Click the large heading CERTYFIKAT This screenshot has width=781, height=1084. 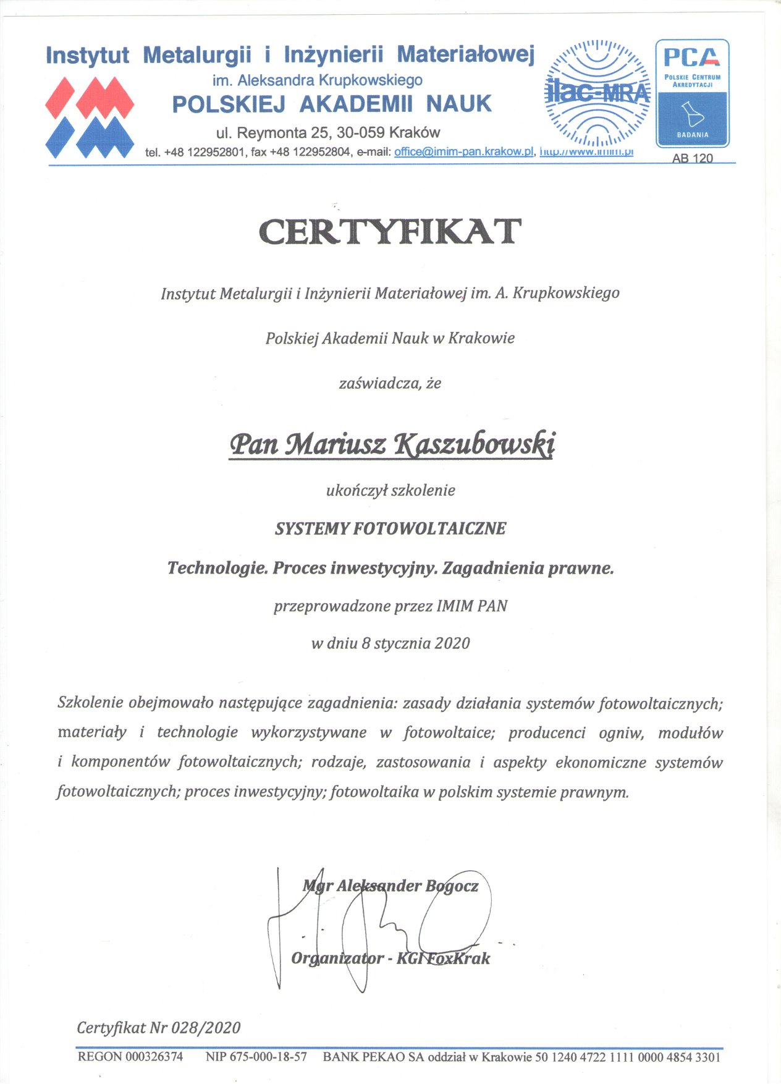[x=390, y=232]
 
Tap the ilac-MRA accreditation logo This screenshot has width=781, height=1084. [x=597, y=93]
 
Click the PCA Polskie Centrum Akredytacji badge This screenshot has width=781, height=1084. [x=692, y=93]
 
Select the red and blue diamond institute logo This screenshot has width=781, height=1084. [x=90, y=117]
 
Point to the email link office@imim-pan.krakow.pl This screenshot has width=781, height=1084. [x=463, y=151]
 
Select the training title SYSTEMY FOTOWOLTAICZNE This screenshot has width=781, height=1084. [x=390, y=529]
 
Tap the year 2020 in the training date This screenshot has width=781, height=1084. [x=452, y=643]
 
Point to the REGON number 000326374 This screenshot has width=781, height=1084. [x=154, y=1057]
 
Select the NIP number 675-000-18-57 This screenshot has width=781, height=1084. [x=268, y=1057]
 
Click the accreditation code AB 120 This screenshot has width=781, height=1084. [x=692, y=158]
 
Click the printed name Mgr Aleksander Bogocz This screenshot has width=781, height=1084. [x=390, y=886]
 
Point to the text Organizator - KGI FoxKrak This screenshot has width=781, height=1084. [x=390, y=959]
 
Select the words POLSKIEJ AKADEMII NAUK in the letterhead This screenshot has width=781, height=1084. [x=332, y=104]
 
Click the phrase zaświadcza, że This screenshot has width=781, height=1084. [x=390, y=383]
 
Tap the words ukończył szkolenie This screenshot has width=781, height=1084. [x=390, y=491]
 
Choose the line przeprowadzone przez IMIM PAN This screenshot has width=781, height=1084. [x=390, y=606]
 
